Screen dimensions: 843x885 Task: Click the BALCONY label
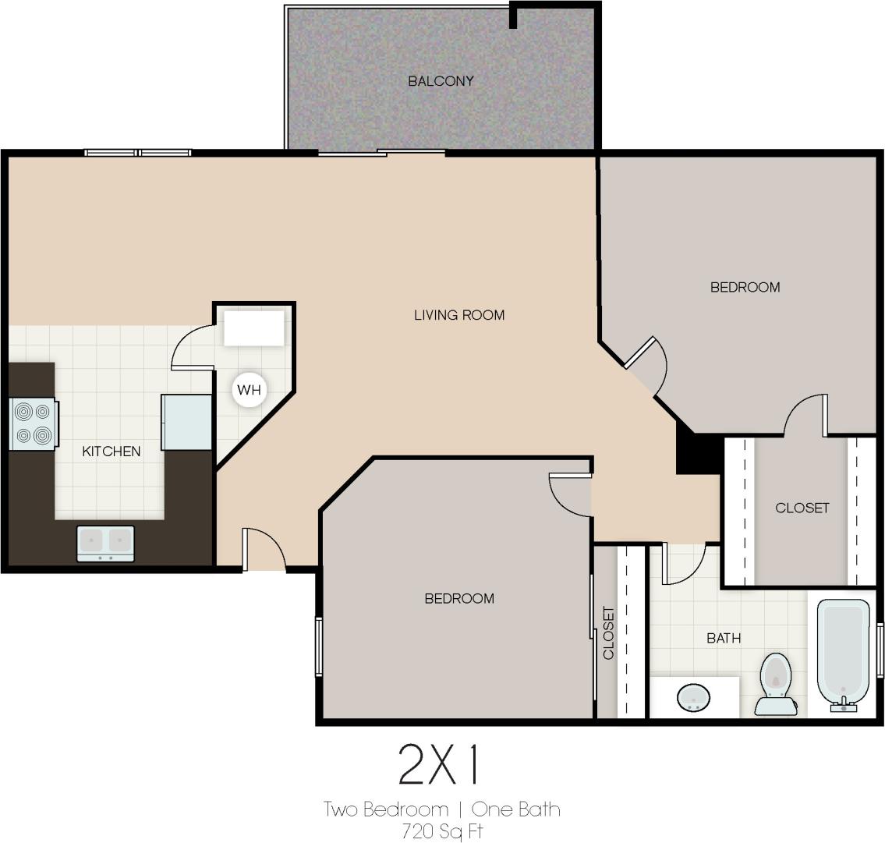[x=441, y=81]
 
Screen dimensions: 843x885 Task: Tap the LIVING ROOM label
[x=458, y=315]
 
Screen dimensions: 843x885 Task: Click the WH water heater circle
[x=249, y=390]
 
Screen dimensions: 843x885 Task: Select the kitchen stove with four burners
[x=34, y=423]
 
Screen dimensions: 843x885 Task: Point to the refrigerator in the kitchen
[x=187, y=422]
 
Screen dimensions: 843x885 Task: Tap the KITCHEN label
[x=112, y=452]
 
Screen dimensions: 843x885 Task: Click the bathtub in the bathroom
[x=844, y=654]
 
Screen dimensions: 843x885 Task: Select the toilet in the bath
[x=774, y=683]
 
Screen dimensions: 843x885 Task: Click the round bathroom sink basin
[x=692, y=696]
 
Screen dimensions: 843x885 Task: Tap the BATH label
[x=724, y=639]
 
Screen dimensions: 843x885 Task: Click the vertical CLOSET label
[x=609, y=632]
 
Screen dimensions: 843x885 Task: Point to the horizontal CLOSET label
[x=802, y=508]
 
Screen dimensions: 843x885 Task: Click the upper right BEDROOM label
[x=745, y=287]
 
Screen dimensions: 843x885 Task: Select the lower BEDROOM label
[x=458, y=599]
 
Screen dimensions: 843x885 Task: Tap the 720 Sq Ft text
[x=442, y=831]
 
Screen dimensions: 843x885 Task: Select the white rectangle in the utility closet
[x=254, y=328]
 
